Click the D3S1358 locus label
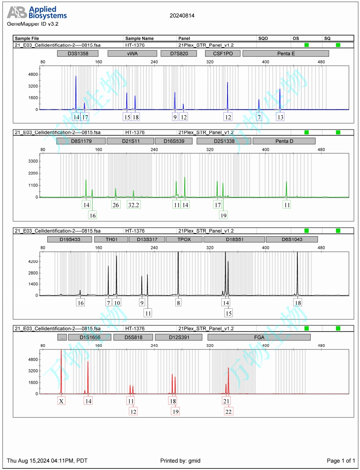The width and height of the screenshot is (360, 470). (78, 53)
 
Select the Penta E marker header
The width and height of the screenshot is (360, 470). (285, 53)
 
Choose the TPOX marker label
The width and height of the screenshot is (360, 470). (184, 239)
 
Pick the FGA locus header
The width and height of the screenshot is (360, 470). (259, 337)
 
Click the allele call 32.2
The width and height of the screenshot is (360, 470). (133, 205)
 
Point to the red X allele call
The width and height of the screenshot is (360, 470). (61, 401)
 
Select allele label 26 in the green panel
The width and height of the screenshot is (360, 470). (116, 205)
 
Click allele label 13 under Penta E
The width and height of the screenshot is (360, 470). (280, 117)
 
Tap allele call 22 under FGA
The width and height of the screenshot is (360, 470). (228, 411)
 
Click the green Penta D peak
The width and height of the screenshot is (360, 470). (287, 189)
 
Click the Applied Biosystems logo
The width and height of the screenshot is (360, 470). (37, 13)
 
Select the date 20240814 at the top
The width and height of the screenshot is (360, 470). (182, 15)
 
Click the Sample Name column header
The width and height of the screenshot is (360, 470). (139, 38)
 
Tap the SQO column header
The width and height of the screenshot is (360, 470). (263, 38)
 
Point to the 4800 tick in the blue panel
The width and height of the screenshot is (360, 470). (33, 75)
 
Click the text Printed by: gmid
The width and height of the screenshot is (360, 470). (180, 461)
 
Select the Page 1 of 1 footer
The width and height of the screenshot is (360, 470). (341, 461)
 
